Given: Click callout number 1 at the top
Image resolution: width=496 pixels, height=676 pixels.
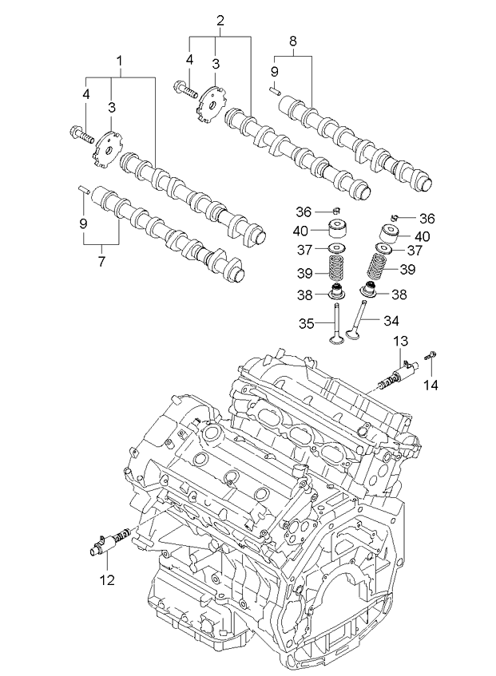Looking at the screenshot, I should [120, 61].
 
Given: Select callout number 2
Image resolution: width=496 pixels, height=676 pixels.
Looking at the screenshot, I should [220, 22].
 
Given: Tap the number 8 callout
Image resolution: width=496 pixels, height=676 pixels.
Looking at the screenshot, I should [292, 41].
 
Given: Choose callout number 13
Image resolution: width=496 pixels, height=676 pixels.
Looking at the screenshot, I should [399, 342].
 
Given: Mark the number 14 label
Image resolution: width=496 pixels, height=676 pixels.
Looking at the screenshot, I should [431, 385].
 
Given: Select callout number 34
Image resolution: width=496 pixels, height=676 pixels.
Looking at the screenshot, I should [389, 322].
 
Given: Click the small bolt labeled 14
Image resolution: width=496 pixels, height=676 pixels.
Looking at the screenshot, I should [431, 356].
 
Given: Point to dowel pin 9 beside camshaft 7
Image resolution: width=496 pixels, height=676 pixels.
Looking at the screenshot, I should [83, 189].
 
